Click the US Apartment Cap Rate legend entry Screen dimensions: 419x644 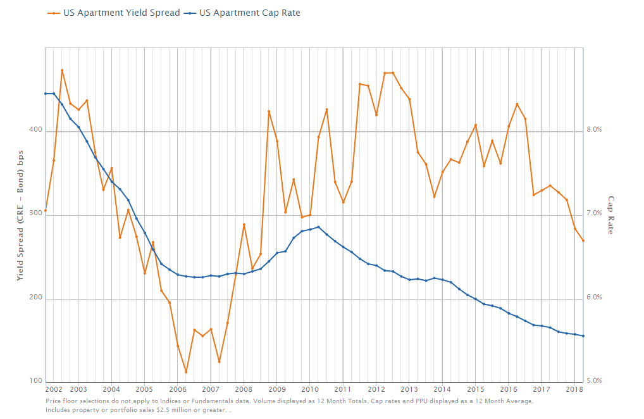249,12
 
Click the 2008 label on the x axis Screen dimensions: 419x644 244,389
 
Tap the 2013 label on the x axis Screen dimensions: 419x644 409,389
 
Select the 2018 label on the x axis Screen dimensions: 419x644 574,389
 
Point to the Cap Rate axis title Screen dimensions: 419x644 611,215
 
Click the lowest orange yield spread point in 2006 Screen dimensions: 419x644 186,372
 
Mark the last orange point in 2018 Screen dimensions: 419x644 583,241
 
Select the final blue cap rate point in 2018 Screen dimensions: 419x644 583,336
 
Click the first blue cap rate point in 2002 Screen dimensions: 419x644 46,94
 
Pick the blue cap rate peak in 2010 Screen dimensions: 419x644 318,227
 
